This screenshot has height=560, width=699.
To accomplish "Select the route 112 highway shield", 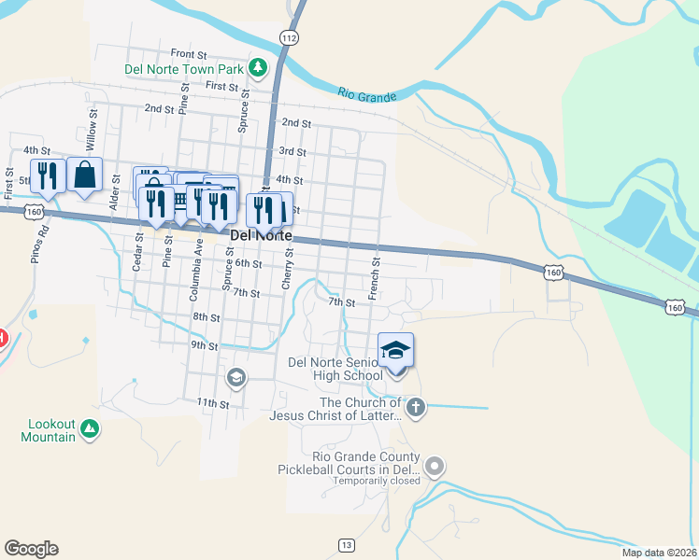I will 289,36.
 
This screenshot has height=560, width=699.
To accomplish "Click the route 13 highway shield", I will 347,544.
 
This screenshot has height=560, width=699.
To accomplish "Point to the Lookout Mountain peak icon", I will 89,428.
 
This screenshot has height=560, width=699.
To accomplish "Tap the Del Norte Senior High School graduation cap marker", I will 395,351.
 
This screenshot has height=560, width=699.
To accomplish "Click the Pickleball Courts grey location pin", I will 434,465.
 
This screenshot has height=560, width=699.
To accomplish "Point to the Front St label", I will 188,54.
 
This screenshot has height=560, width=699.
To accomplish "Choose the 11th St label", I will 212,403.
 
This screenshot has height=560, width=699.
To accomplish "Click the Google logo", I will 31,549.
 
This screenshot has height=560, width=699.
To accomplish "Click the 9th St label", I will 204,345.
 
